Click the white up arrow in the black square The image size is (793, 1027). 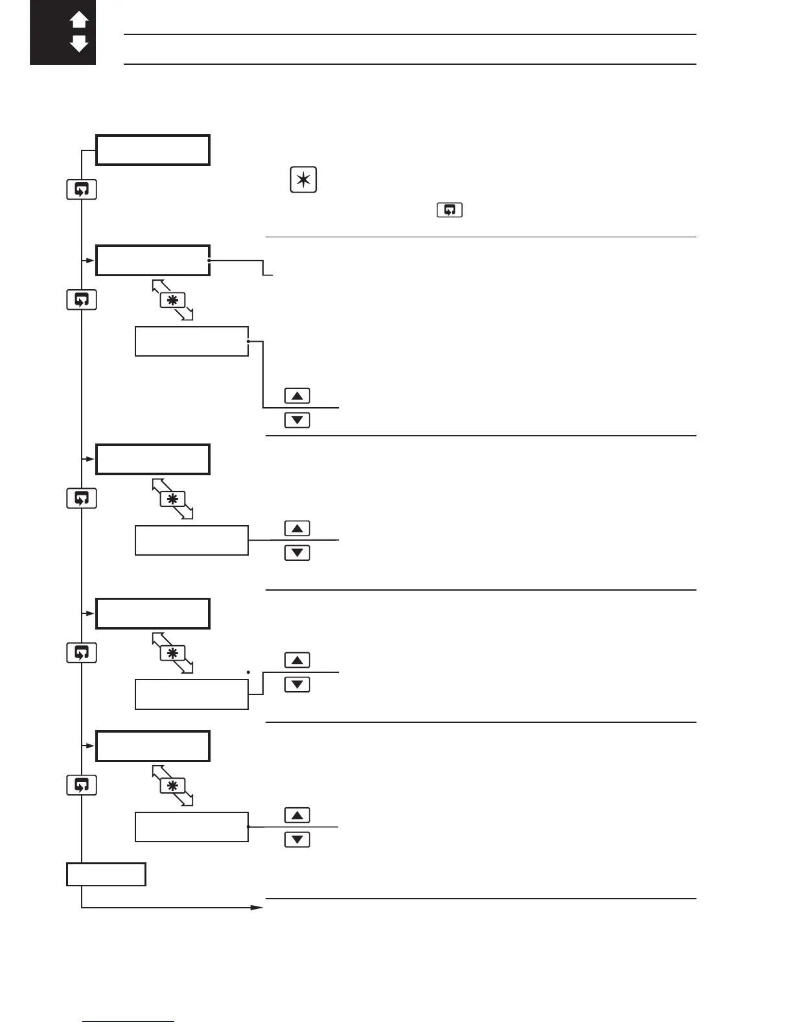click(x=79, y=20)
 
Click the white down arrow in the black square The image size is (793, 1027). click(x=79, y=44)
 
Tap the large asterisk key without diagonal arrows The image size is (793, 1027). click(x=303, y=180)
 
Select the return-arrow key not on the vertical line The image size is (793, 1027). click(x=450, y=210)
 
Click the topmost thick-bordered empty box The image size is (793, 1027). click(x=153, y=150)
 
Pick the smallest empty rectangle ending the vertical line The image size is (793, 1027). click(x=106, y=874)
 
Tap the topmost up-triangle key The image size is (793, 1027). click(x=297, y=395)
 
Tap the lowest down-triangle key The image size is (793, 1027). click(x=297, y=840)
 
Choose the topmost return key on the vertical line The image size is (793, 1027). click(x=82, y=189)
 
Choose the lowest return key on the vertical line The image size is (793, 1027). click(x=82, y=785)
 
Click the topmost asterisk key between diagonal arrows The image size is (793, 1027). click(x=172, y=300)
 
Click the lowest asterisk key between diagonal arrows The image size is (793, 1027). click(x=172, y=786)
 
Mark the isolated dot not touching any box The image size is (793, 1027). click(x=249, y=672)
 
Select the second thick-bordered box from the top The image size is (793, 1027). click(x=153, y=261)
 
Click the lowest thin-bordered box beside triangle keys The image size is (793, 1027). click(x=192, y=827)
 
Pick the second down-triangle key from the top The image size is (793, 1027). click(x=297, y=553)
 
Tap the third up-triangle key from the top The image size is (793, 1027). click(x=297, y=660)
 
